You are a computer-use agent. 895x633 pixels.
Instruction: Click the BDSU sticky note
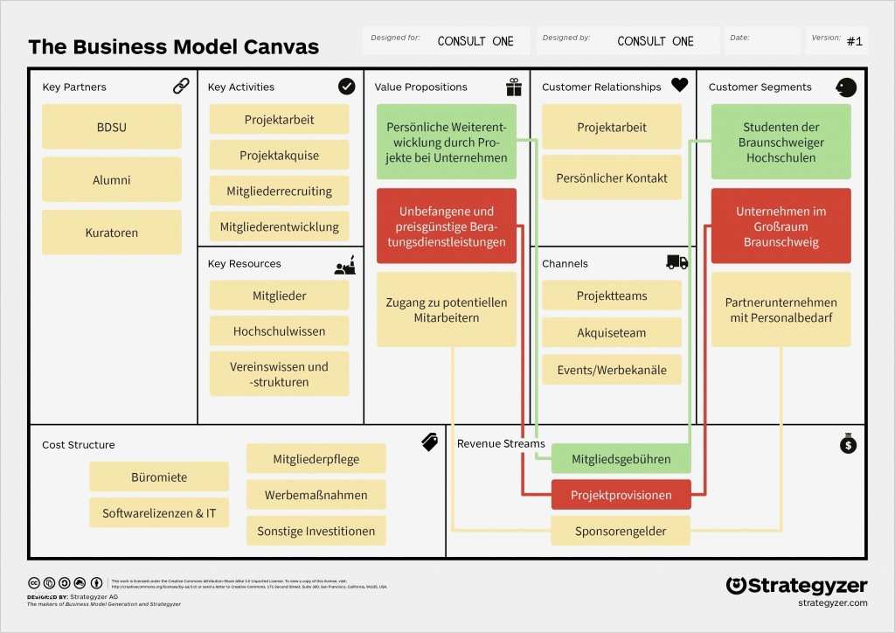click(112, 127)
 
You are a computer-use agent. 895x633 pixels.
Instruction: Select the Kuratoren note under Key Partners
click(112, 233)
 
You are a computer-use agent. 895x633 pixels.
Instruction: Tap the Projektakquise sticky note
click(279, 156)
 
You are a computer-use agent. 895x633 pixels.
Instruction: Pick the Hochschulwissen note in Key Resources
click(279, 331)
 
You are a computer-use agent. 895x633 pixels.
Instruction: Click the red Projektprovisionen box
click(621, 495)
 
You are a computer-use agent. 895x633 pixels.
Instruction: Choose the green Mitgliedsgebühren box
click(621, 459)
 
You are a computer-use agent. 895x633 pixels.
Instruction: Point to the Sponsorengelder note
click(621, 531)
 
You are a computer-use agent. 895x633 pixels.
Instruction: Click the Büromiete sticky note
click(159, 477)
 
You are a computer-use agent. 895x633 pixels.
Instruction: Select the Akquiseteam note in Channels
click(612, 333)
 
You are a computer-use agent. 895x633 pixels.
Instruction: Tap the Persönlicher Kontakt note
click(612, 178)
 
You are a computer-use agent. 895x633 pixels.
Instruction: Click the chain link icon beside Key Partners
click(181, 86)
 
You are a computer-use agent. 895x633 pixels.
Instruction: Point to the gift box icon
click(513, 87)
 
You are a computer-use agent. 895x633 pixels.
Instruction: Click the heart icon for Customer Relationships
click(679, 86)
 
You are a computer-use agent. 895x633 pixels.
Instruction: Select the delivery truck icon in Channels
click(676, 262)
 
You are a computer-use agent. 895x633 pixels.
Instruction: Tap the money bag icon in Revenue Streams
click(847, 444)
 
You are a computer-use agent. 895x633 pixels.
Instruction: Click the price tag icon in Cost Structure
click(429, 442)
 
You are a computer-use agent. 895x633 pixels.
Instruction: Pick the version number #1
click(854, 41)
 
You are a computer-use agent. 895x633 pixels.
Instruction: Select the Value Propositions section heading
click(420, 87)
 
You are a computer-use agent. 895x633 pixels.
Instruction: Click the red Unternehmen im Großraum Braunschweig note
click(781, 226)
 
